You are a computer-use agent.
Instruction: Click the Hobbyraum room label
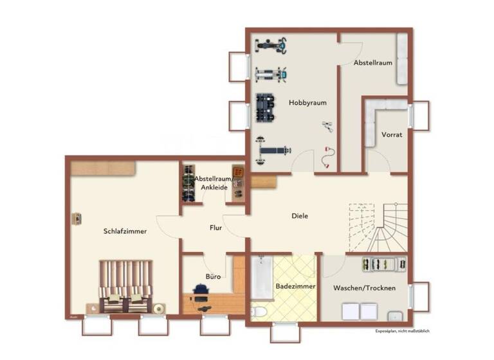[x=307, y=102]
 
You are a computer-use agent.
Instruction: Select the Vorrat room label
[x=392, y=135]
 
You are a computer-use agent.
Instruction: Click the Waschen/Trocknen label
[x=364, y=287]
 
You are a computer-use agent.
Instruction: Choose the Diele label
[x=299, y=216]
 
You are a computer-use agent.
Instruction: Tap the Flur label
[x=216, y=228]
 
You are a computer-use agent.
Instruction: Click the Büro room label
[x=214, y=276]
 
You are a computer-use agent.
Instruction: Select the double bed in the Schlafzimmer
[x=125, y=286]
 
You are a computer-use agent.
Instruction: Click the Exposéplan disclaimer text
[x=403, y=331]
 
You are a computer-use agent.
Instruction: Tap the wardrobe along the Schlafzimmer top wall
[x=103, y=168]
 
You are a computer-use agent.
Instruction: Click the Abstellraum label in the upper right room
[x=372, y=63]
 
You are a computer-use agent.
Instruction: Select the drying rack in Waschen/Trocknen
[x=384, y=263]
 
